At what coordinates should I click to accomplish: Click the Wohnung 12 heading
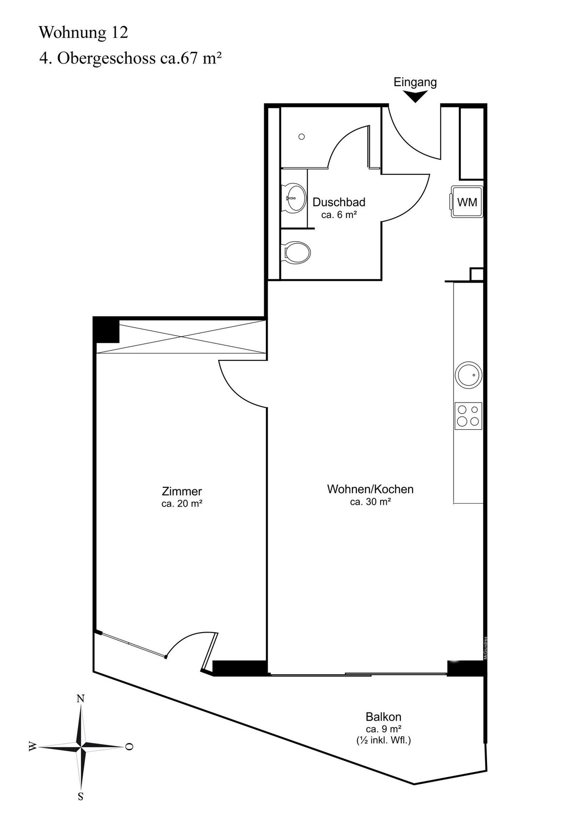pos(83,32)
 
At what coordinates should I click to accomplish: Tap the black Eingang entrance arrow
pos(415,96)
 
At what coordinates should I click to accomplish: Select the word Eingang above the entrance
pos(415,82)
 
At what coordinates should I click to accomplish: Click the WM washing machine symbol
pos(467,202)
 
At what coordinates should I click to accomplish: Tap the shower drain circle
pos(302,137)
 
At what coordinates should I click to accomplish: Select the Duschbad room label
pos(339,202)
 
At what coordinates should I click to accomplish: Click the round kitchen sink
pos(468,375)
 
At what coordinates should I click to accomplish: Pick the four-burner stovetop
pos(468,416)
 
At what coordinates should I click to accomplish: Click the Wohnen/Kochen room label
pos(370,489)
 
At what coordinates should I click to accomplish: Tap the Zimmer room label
pos(182,491)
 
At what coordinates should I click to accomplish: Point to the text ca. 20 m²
pos(182,504)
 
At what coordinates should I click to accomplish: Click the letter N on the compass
pos(80,698)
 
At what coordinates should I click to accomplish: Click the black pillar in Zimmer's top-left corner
pos(107,329)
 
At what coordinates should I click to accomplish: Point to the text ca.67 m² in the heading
pos(191,59)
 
